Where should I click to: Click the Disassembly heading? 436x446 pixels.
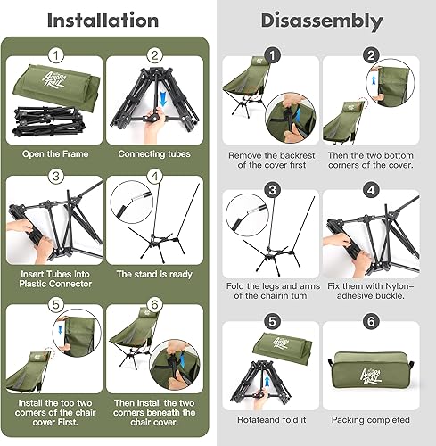(x=323, y=20)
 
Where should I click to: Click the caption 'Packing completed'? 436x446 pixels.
(x=370, y=417)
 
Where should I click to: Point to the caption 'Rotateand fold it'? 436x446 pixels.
(x=270, y=417)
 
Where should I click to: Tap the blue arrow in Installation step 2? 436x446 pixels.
(x=167, y=95)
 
